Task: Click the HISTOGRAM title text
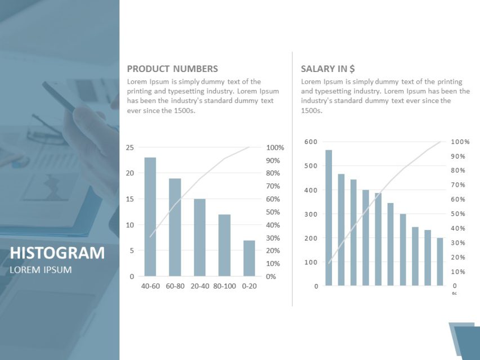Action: [57, 253]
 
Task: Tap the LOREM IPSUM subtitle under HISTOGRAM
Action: [41, 270]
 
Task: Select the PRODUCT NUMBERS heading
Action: [172, 69]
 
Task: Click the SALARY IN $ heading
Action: [328, 69]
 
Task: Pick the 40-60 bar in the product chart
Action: [150, 217]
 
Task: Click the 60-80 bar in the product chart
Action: [175, 227]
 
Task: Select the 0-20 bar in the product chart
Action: [249, 258]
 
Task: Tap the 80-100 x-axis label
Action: [225, 286]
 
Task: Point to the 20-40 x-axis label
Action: [200, 286]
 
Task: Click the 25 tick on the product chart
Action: [129, 147]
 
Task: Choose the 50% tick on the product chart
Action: [275, 212]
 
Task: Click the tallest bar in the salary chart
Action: [329, 218]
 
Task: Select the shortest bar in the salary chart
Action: [440, 262]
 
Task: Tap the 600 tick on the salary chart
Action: [311, 142]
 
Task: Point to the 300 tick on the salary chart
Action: [311, 214]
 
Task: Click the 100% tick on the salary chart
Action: [460, 142]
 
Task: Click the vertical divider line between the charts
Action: [292, 180]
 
